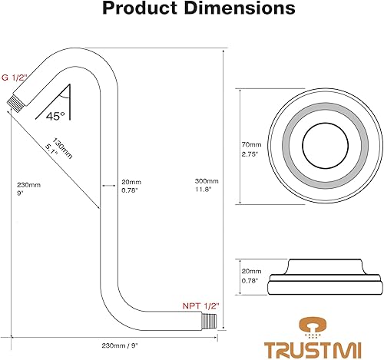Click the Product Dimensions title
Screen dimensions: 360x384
tap(192, 10)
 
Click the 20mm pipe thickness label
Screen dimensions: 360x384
tap(131, 187)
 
